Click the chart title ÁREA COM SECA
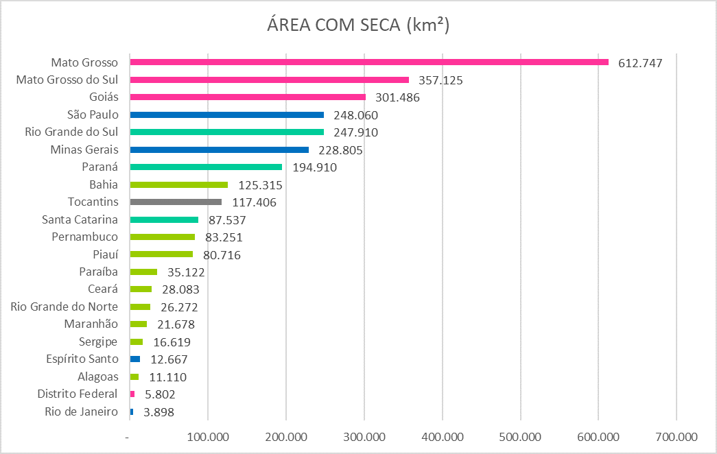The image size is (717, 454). pyautogui.click(x=358, y=25)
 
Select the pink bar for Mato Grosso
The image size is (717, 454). pyautogui.click(x=369, y=62)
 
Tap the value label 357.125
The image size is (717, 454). pyautogui.click(x=440, y=80)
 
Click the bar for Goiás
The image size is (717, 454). pyautogui.click(x=248, y=97)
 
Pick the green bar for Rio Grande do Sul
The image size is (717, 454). pyautogui.click(x=226, y=132)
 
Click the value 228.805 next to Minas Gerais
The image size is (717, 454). pyautogui.click(x=339, y=150)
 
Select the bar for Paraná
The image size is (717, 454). pyautogui.click(x=206, y=167)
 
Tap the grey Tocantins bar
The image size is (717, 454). pyautogui.click(x=176, y=202)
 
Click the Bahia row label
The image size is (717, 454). pyautogui.click(x=103, y=184)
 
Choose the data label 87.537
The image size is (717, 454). pyautogui.click(x=226, y=220)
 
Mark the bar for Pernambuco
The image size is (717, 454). pyautogui.click(x=162, y=237)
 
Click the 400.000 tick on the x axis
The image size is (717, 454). pyautogui.click(x=442, y=436)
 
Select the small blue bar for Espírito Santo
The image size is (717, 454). pyautogui.click(x=134, y=359)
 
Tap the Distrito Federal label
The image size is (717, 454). pyautogui.click(x=78, y=394)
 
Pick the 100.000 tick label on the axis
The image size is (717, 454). pyautogui.click(x=208, y=436)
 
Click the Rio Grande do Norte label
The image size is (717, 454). pyautogui.click(x=64, y=307)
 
